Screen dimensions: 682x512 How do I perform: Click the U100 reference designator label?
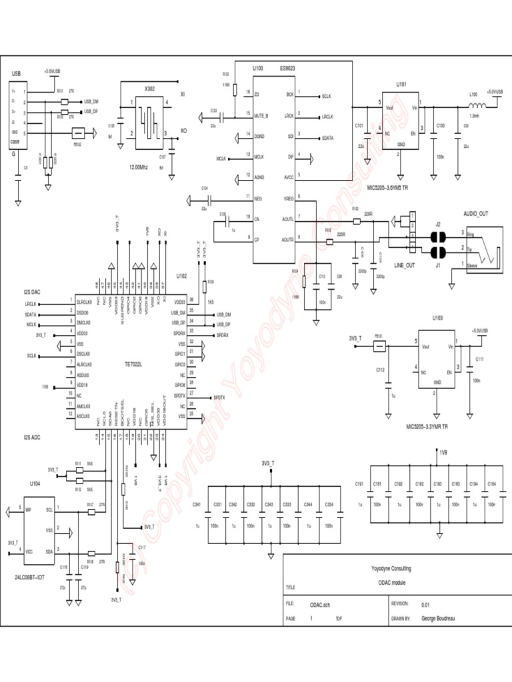[x=259, y=69]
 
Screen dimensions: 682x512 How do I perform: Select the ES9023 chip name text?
[x=288, y=69]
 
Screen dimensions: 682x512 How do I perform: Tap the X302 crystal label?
[x=151, y=88]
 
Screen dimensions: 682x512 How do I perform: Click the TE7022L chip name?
[x=133, y=364]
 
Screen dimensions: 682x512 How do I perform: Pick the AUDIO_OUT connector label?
[x=476, y=213]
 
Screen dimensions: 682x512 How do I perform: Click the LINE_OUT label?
[x=405, y=265]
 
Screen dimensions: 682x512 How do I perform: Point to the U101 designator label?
[x=401, y=85]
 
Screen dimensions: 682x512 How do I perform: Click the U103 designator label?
[x=437, y=318]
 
